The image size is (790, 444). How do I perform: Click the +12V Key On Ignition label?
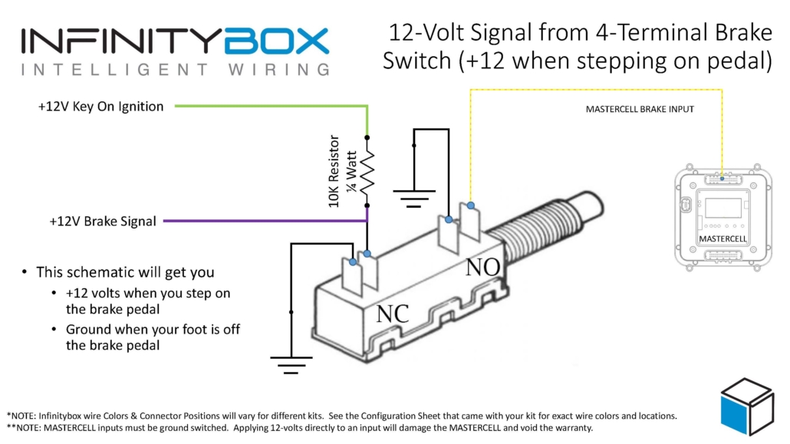pyautogui.click(x=100, y=107)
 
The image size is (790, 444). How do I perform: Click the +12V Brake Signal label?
pyautogui.click(x=103, y=221)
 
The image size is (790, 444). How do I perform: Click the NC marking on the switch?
pyautogui.click(x=392, y=314)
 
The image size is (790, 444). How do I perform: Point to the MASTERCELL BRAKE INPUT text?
pyautogui.click(x=640, y=110)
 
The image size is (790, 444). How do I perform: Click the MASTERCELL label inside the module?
pyautogui.click(x=723, y=239)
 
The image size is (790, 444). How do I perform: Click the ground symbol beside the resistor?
pyautogui.click(x=415, y=200)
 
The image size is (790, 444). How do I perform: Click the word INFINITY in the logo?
pyautogui.click(x=123, y=41)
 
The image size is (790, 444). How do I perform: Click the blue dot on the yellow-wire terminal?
pyautogui.click(x=469, y=204)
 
